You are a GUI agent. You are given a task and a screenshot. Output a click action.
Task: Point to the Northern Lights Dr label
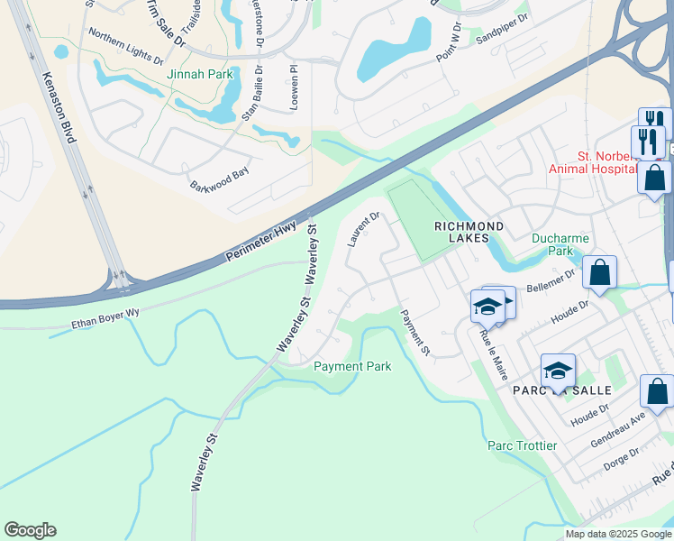[x=125, y=46]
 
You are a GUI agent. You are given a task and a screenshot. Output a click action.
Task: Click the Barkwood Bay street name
[x=218, y=179]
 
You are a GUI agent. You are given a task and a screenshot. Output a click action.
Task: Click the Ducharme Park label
[x=560, y=245]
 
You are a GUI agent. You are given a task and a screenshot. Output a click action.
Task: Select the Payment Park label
[x=352, y=367]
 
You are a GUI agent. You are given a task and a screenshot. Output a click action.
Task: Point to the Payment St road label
[x=415, y=332]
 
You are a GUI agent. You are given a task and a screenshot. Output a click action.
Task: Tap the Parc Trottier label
[x=522, y=445]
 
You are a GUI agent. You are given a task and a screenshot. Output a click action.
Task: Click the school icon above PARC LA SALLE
[x=558, y=371]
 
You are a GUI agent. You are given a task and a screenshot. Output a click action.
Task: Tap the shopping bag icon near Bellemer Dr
[x=599, y=272]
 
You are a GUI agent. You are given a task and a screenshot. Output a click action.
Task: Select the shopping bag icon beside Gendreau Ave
[x=657, y=392]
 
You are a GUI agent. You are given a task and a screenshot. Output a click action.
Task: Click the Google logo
[x=30, y=530]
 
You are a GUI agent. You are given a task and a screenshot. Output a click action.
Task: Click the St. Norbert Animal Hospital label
[x=608, y=162]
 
